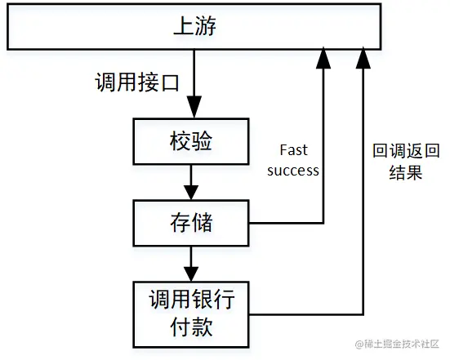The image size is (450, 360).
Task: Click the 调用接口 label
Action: point(137,82)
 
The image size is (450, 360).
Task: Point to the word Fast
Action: point(293,150)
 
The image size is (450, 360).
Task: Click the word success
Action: point(293,171)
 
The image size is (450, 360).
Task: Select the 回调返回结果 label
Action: point(406,162)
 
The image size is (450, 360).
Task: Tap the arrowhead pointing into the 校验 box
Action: point(194,107)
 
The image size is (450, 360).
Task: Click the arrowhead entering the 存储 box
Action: point(191,193)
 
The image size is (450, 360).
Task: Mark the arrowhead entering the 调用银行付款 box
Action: point(191,274)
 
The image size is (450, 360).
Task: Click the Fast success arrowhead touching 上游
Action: point(323,58)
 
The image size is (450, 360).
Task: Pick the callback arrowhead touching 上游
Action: point(363,58)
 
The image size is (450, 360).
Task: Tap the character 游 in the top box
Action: point(206,26)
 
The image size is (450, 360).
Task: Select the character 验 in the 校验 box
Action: point(202,141)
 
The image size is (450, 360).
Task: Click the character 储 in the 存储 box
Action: point(202,222)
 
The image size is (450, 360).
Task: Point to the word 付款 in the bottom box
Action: point(191,327)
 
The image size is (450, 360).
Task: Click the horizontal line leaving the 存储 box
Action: point(286,223)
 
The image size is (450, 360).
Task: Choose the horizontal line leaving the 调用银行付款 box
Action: point(306,314)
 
